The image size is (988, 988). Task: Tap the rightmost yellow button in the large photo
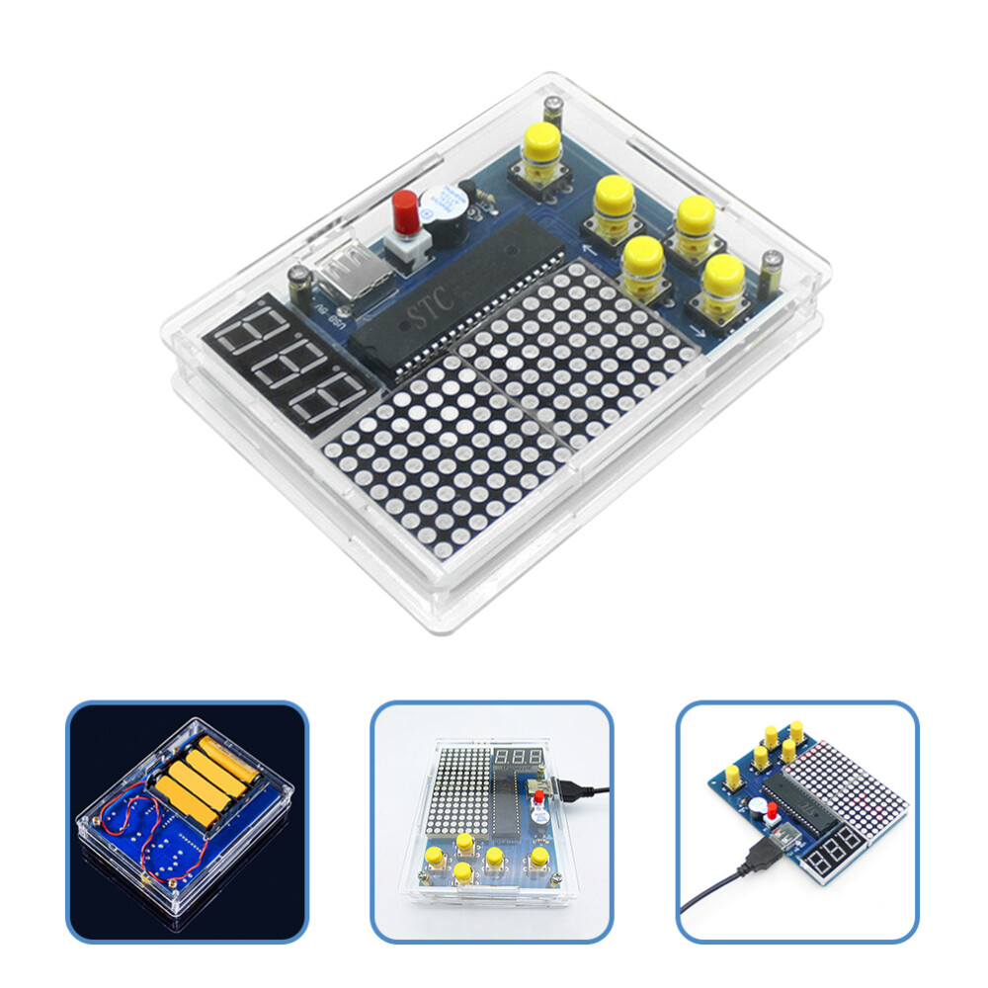724,277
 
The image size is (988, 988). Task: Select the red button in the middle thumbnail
539,797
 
